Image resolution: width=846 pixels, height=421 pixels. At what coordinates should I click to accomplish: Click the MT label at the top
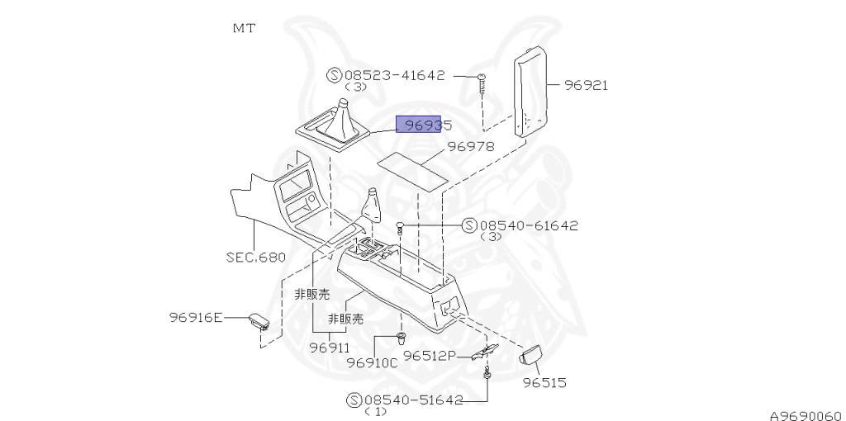coord(244,28)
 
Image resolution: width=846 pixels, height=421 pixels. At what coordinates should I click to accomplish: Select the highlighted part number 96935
coord(423,125)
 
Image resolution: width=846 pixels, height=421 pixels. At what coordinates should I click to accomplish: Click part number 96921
coord(587,85)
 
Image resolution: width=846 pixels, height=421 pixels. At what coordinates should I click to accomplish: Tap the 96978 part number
coord(471,147)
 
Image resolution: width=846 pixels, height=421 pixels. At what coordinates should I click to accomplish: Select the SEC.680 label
coord(256,257)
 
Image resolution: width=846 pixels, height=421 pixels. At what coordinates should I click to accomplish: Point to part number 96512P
coord(430,356)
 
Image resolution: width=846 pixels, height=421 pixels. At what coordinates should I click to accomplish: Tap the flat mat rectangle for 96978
coord(414,168)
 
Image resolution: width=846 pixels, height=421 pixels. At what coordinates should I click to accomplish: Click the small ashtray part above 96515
coord(529,354)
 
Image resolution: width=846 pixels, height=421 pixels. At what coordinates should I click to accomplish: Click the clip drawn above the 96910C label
coord(402,338)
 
